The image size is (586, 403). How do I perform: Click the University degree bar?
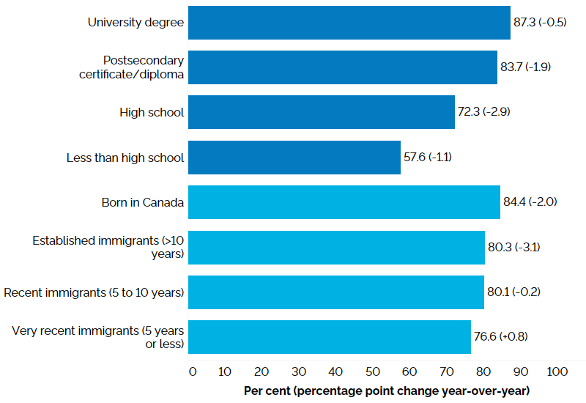coord(349,23)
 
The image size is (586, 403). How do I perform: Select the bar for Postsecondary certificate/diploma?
coord(343,67)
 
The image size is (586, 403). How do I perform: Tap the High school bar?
coord(322,112)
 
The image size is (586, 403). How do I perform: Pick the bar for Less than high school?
coord(294,158)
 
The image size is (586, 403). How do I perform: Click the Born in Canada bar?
coord(344,202)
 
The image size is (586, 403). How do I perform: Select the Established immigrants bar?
coord(336,248)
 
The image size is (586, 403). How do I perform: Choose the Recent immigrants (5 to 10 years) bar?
coord(336,292)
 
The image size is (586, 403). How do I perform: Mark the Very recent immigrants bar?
coord(330,337)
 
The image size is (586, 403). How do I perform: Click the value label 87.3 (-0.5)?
coord(540,23)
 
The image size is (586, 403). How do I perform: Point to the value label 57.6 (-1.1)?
coord(430,158)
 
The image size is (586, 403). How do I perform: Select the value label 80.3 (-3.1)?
coord(514,248)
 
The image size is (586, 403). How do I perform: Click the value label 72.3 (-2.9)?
coord(485,112)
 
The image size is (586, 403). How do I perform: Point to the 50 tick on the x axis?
coord(373,371)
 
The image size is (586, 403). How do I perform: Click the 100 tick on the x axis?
coord(557,371)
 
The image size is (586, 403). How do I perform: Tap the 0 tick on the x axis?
coord(193,371)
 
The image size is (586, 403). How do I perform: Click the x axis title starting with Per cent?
coord(387,391)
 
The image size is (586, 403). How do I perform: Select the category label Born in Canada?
coord(143,202)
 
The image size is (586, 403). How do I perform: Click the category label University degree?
coord(136,23)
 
